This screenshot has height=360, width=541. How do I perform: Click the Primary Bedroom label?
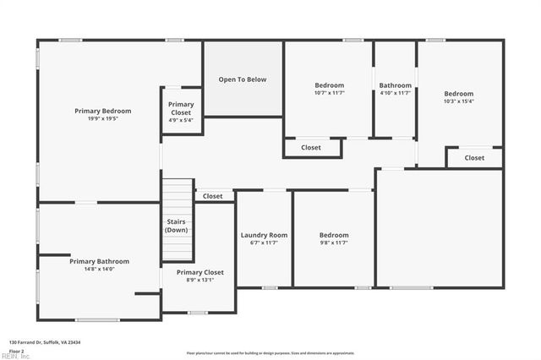click(102, 111)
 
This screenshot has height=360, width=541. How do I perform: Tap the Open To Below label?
click(243, 79)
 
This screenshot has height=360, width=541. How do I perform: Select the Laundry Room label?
click(264, 235)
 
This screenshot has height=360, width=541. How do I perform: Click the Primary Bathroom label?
click(99, 261)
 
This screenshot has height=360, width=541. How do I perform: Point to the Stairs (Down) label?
click(177, 226)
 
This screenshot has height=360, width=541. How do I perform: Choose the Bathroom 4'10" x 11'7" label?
click(395, 85)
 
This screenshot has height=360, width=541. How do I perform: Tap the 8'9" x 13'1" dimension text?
click(199, 281)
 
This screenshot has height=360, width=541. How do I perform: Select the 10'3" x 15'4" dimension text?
click(459, 101)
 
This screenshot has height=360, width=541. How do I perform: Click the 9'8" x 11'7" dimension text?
click(333, 243)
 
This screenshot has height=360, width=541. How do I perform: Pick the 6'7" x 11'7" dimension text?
click(264, 243)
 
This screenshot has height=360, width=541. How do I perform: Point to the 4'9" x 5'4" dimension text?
click(181, 120)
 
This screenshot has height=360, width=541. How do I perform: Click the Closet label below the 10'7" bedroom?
click(311, 148)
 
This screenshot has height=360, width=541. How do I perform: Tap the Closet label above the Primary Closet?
click(213, 196)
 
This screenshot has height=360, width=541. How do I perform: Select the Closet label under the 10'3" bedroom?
click(474, 158)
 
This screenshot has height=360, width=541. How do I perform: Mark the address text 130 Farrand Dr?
click(43, 341)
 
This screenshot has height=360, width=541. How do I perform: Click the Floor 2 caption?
click(16, 350)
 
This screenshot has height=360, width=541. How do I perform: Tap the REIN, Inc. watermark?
click(15, 356)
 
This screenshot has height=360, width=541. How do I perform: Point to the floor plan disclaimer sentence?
click(270, 352)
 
